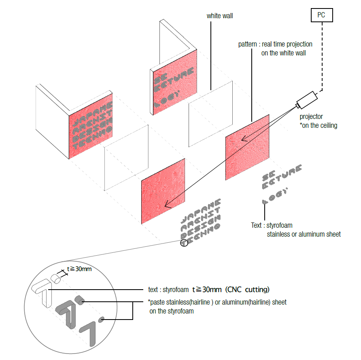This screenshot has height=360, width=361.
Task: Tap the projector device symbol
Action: (307, 100)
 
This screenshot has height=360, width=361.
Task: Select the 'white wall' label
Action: (220, 16)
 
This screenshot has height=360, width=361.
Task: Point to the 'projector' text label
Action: (312, 117)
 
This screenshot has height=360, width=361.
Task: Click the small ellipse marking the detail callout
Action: (184, 243)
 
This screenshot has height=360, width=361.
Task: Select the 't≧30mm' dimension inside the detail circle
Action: (79, 268)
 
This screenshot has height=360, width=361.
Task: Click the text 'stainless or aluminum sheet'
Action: (304, 234)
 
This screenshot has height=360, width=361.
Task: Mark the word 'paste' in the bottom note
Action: (159, 302)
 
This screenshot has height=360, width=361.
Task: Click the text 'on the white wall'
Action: (283, 53)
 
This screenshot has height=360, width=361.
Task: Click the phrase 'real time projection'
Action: (287, 44)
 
